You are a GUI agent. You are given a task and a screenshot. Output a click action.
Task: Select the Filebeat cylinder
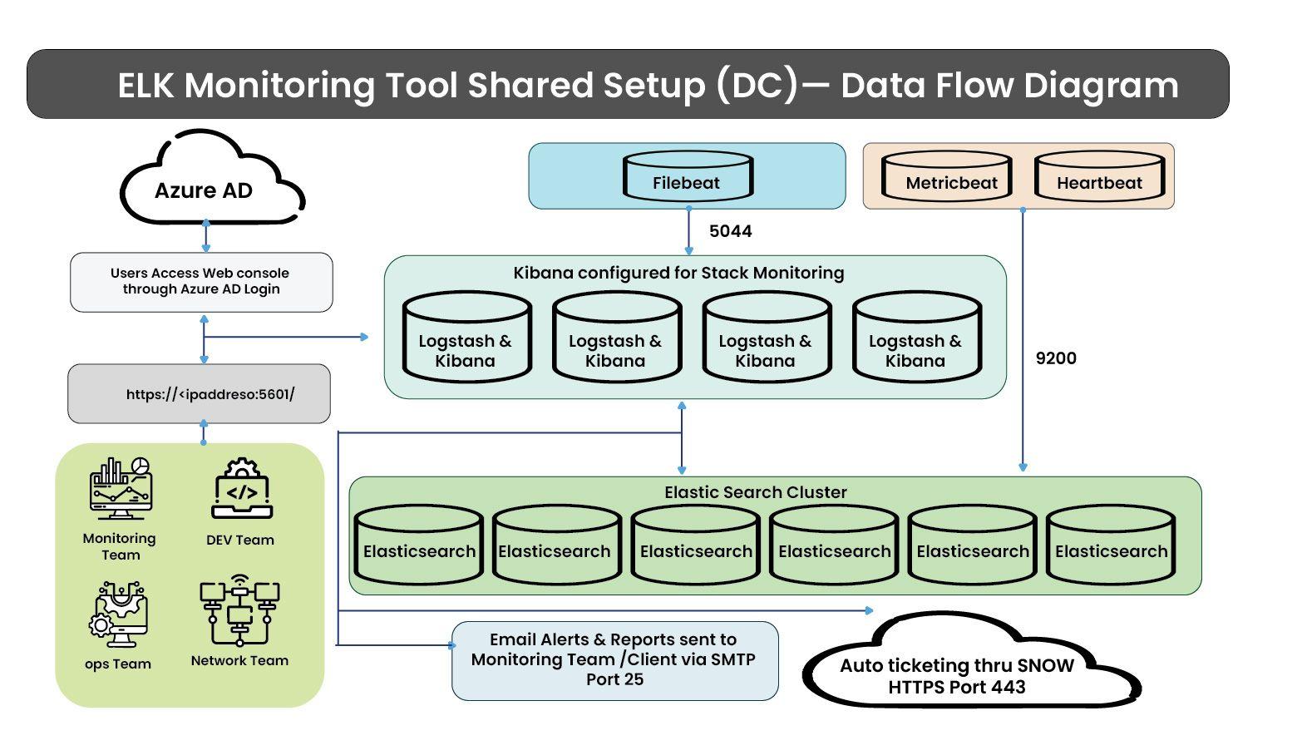[x=687, y=176]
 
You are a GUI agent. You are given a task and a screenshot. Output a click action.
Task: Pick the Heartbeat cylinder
[x=1099, y=177]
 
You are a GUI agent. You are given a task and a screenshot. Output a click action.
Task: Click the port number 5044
[x=730, y=231]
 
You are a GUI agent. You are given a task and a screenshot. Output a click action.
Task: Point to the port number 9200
[x=1056, y=358]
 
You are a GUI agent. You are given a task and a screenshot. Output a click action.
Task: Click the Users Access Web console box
[x=201, y=282]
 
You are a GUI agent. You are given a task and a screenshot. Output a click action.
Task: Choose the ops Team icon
[x=118, y=615]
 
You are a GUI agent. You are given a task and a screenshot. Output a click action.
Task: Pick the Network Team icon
[x=239, y=611]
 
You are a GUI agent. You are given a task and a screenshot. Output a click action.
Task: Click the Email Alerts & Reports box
[x=614, y=661]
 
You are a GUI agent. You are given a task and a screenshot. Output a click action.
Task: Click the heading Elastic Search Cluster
[x=755, y=492]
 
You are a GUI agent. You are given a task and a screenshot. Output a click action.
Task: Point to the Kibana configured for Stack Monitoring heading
[x=678, y=273]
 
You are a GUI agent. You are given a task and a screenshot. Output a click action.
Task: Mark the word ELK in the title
[x=145, y=86]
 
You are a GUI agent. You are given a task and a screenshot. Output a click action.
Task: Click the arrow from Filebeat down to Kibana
[x=688, y=231]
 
